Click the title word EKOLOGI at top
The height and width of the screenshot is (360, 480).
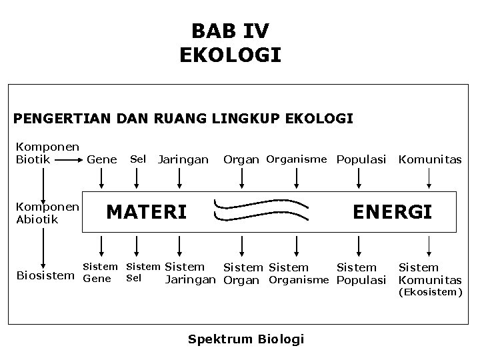[230, 55]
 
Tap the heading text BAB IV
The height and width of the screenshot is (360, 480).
[230, 31]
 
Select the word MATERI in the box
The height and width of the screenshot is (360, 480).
[147, 212]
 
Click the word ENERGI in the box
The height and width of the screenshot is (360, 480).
[392, 212]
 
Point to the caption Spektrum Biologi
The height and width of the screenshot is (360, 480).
[246, 339]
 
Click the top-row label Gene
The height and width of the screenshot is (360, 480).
[101, 159]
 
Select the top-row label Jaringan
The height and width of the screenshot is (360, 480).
[183, 159]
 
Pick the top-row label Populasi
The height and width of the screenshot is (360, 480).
[361, 159]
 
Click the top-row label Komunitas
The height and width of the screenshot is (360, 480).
[429, 159]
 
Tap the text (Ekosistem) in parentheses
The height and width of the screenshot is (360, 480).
[429, 292]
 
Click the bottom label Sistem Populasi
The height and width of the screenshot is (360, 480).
[361, 274]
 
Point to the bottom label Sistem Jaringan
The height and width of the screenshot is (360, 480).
[191, 273]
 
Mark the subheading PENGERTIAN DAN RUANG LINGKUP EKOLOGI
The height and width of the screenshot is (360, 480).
[183, 119]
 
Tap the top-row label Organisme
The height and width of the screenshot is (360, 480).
[296, 159]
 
